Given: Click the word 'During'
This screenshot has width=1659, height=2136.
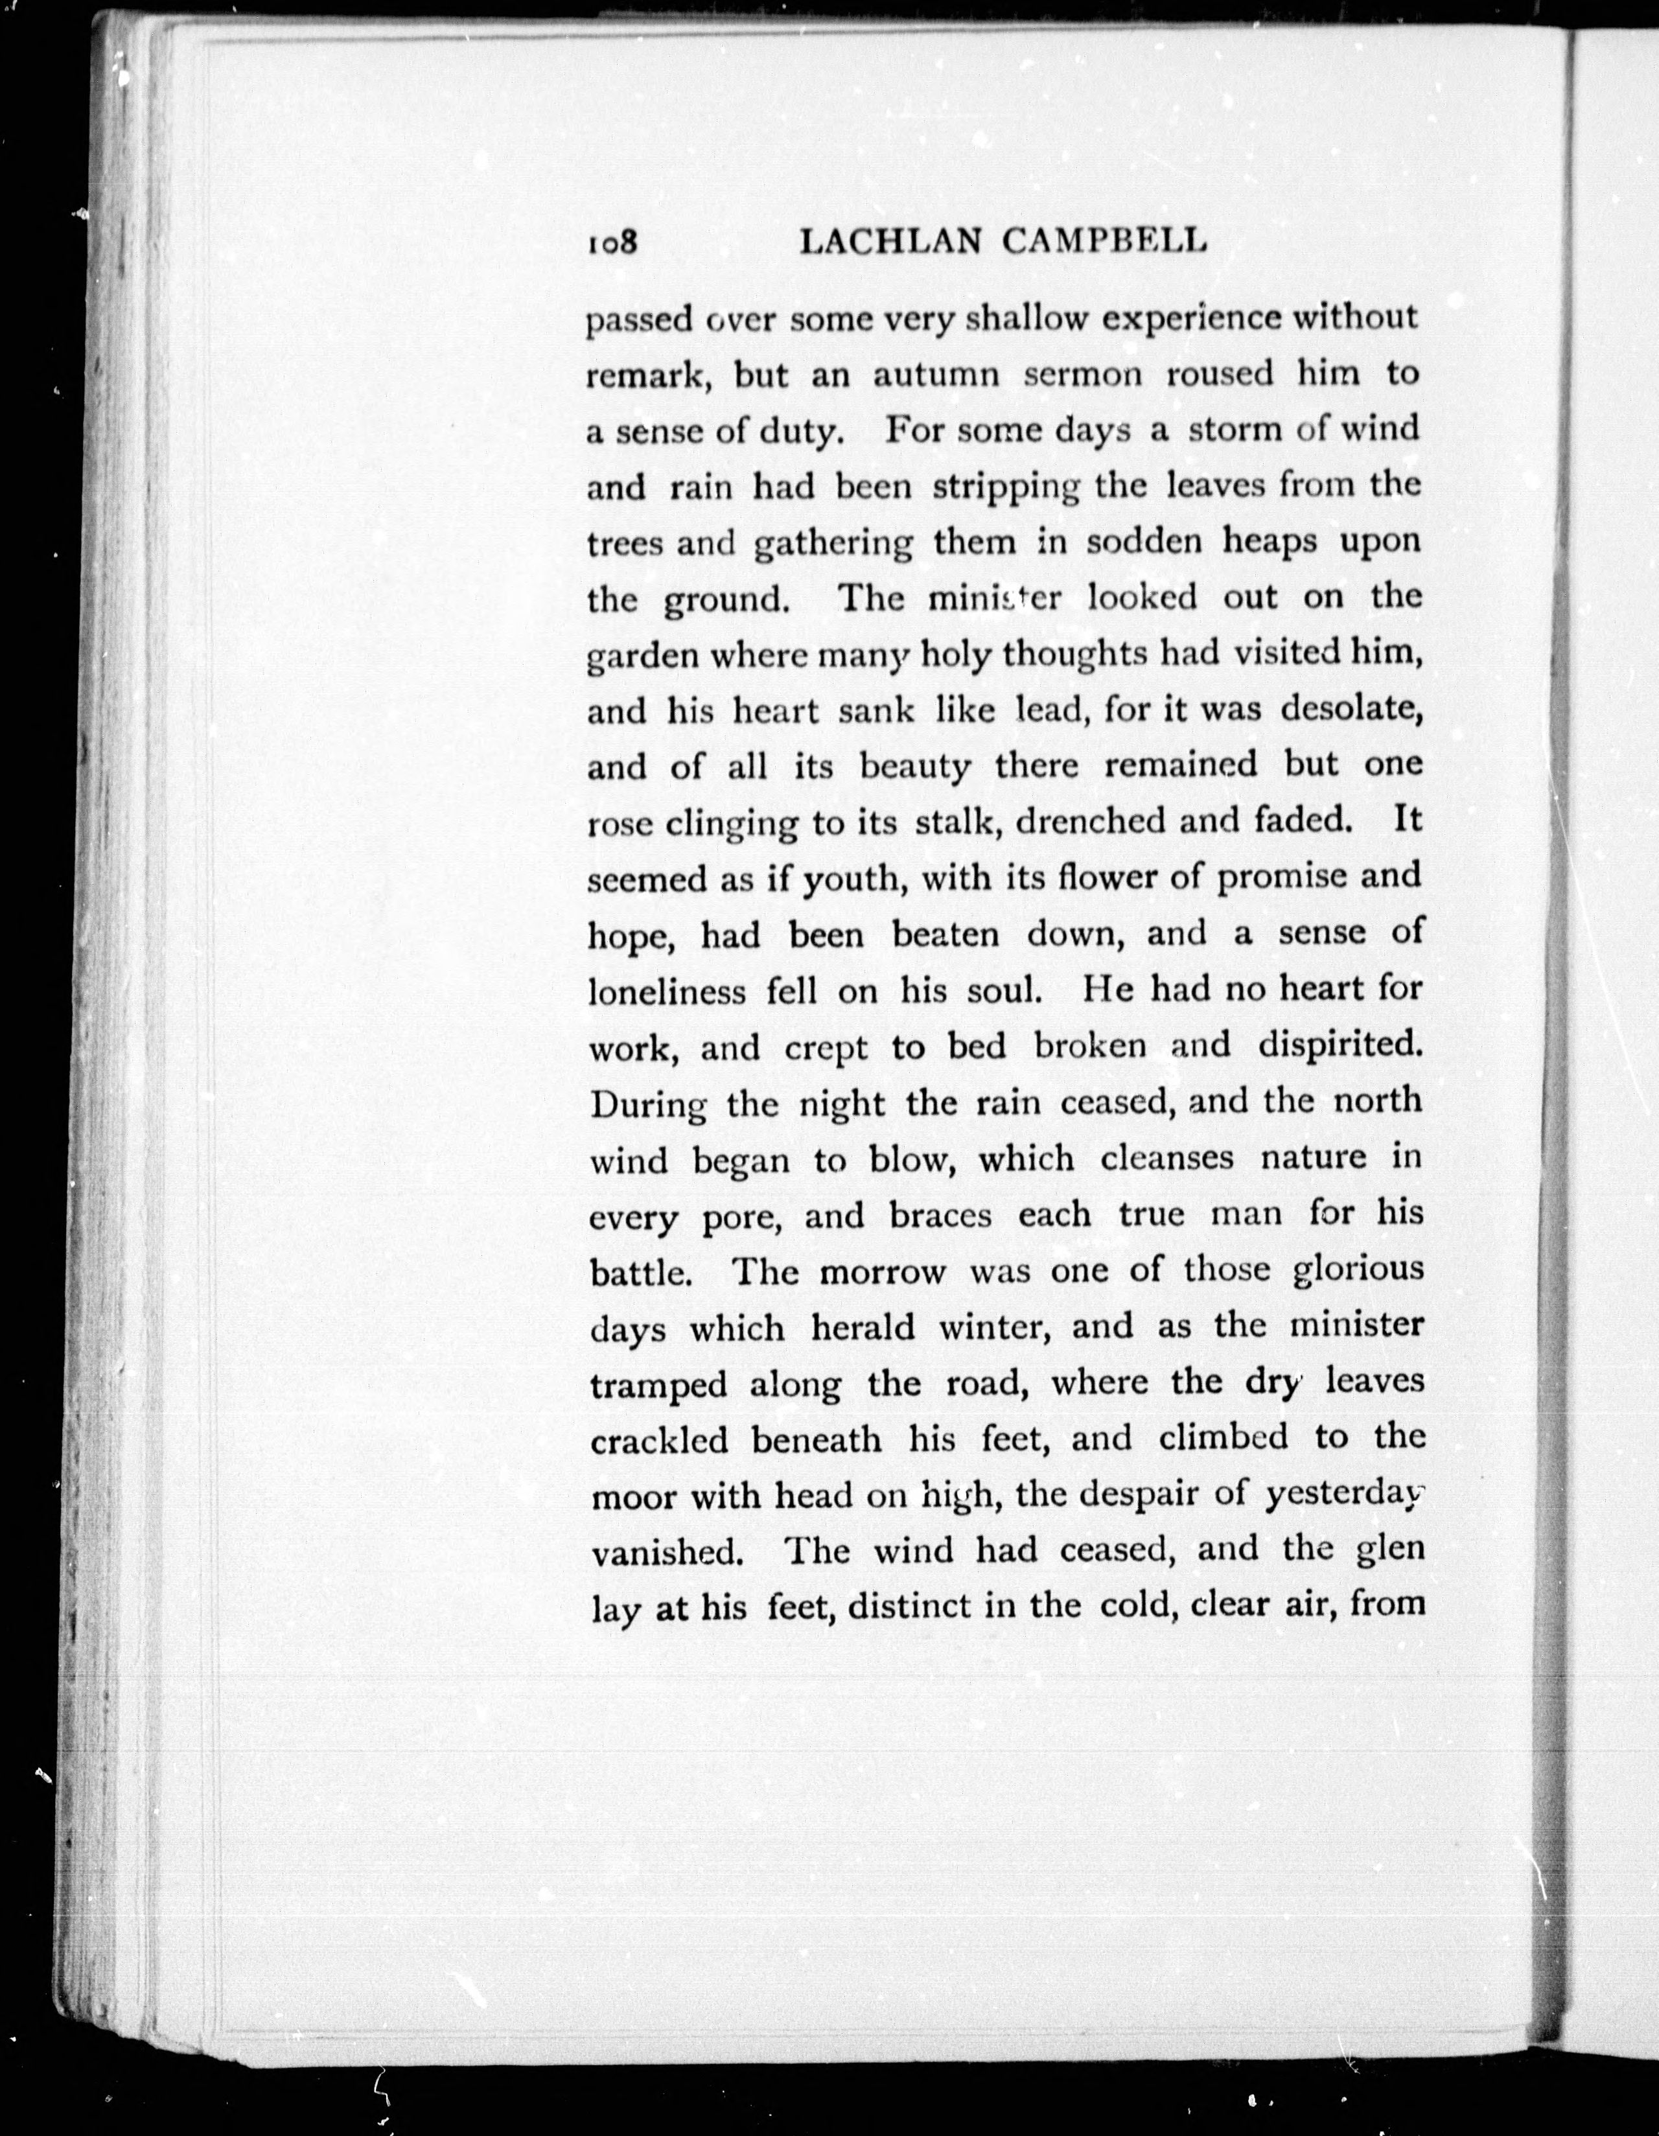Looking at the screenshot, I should click(x=649, y=1104).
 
